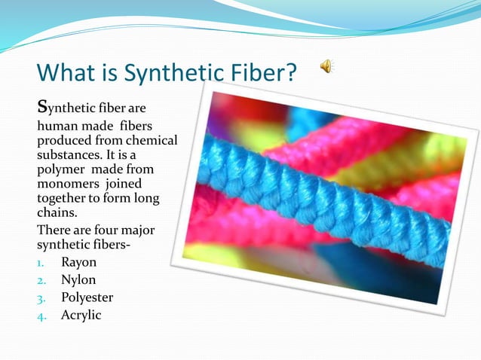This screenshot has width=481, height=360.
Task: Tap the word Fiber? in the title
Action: click(x=259, y=74)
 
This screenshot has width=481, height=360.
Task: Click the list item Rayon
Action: click(x=78, y=263)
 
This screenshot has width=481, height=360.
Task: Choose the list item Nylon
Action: click(x=78, y=280)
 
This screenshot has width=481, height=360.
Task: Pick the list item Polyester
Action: click(x=87, y=297)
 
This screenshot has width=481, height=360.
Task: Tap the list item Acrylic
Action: click(x=81, y=315)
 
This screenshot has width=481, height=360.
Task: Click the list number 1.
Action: click(x=42, y=264)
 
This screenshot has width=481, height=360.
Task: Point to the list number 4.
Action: click(x=42, y=316)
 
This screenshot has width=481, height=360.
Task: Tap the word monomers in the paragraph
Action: click(x=67, y=183)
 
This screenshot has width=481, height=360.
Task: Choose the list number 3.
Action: click(x=42, y=298)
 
